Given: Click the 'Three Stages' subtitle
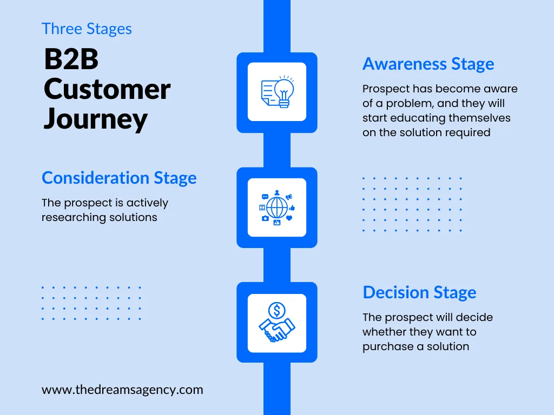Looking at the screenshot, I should point(87,29).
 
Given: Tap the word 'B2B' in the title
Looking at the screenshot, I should point(71,59).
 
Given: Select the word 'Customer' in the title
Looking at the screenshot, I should point(107,89).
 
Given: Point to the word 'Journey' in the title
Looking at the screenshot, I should point(95,119).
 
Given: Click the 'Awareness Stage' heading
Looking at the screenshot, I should point(428,64).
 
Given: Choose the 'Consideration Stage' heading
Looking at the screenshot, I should point(119,178).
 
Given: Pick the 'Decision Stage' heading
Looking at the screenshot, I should point(419,292).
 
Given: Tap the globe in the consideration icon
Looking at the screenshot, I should point(277,207).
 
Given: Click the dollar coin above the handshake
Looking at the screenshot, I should point(277,310).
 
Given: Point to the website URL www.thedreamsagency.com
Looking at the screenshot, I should point(122,390).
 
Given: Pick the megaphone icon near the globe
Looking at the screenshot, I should point(289,197).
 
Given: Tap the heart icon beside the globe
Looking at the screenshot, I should point(289,218).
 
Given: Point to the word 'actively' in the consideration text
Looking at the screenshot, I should point(147,203).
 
